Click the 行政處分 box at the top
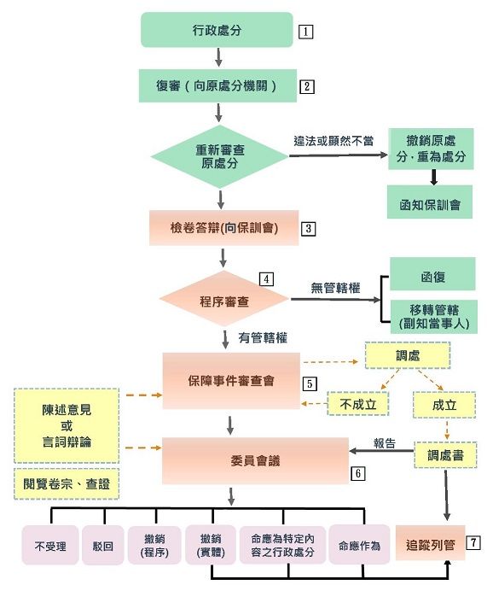[218, 31]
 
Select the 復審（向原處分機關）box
[218, 85]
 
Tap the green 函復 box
[432, 275]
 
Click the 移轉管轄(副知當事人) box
[432, 316]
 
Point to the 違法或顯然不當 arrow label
[333, 142]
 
